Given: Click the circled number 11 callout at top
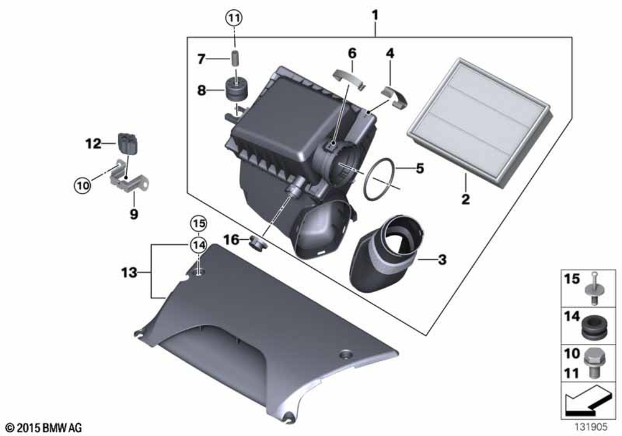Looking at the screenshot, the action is tap(234, 17).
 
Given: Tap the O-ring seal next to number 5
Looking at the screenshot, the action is tap(379, 179).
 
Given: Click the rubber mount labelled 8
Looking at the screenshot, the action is tap(236, 90).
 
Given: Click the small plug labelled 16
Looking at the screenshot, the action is tap(257, 243).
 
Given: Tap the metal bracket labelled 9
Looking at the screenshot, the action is tap(129, 177).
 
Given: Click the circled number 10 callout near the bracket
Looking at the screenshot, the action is tap(82, 186).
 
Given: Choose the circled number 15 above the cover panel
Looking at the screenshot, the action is tap(198, 224).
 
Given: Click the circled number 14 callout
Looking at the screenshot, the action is tap(198, 245).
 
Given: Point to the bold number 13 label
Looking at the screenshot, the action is tap(129, 273).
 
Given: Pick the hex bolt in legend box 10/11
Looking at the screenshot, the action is tap(593, 363).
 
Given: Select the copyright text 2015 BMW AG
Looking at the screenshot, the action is tap(44, 428).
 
